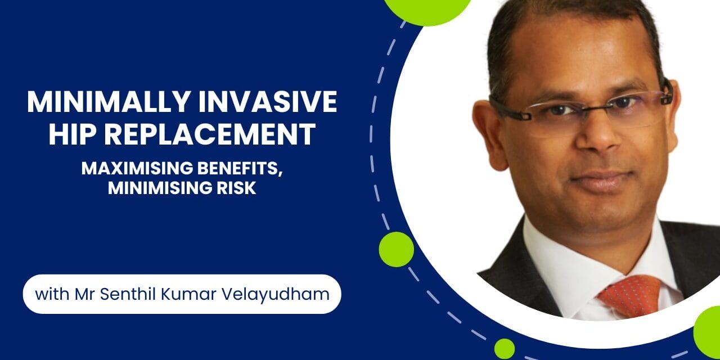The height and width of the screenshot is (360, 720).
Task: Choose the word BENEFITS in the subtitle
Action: click(242, 169)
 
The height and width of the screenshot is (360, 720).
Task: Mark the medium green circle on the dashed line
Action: click(396, 249)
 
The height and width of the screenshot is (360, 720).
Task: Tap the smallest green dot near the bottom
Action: click(504, 348)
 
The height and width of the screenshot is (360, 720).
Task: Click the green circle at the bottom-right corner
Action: click(709, 332)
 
